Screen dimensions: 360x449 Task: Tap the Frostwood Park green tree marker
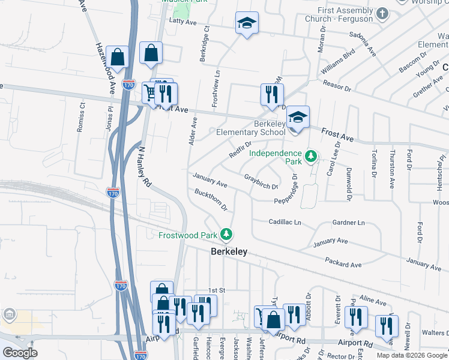click(x=226, y=234)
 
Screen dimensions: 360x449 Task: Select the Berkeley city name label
click(x=229, y=253)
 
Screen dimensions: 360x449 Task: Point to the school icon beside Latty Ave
click(x=246, y=23)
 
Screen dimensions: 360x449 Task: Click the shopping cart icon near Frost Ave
click(x=150, y=92)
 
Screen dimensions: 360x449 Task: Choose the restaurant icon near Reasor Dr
click(x=271, y=94)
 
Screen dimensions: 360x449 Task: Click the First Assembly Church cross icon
click(x=382, y=13)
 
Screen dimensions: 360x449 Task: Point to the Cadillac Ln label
click(x=285, y=222)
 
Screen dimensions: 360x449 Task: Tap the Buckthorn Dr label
click(x=211, y=200)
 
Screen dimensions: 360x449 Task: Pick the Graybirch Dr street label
click(x=261, y=181)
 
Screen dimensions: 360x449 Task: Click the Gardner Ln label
click(x=348, y=223)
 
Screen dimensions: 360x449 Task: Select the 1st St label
click(x=216, y=290)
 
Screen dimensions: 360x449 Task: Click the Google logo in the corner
click(x=20, y=353)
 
